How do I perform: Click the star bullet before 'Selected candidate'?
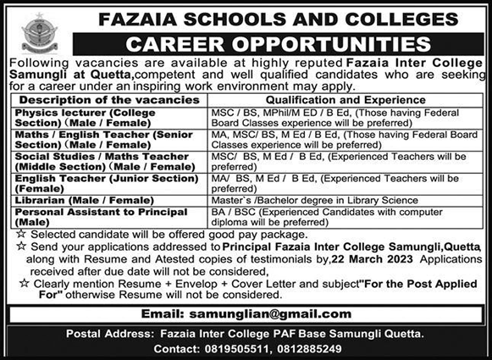pos(11,231)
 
